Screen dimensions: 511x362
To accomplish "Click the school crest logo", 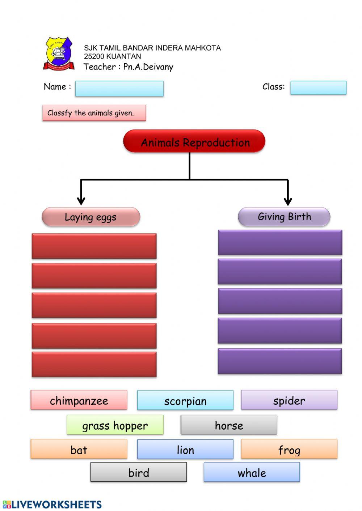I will click(x=59, y=54).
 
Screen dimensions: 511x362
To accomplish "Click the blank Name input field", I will click(x=119, y=89).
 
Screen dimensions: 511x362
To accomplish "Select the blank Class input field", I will click(x=318, y=88).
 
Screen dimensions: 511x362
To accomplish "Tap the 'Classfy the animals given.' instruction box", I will click(x=94, y=113).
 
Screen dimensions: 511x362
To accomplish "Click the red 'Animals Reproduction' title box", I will click(x=194, y=141).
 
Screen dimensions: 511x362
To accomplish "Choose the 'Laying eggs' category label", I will click(x=91, y=217).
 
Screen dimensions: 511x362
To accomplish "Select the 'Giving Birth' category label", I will click(x=284, y=217).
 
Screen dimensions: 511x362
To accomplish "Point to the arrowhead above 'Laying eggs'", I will click(x=81, y=201).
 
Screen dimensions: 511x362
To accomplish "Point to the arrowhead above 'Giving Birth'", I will click(x=288, y=201).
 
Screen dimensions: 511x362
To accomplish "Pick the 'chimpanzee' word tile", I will click(x=79, y=400).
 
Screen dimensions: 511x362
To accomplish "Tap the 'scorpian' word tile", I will click(x=185, y=400).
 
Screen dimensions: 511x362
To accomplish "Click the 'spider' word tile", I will click(x=289, y=400).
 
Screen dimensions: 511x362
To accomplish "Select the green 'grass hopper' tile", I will click(x=115, y=425).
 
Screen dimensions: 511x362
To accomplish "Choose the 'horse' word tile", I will click(x=229, y=425).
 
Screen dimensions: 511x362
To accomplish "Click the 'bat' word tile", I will click(x=79, y=449).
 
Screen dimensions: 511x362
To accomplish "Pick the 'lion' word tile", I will click(x=185, y=450).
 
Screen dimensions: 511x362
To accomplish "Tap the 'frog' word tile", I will click(x=289, y=449).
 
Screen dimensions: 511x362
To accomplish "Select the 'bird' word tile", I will click(x=139, y=472).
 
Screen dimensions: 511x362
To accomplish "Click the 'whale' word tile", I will click(x=252, y=472).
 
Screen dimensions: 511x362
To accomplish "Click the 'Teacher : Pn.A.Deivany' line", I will click(x=129, y=67).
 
